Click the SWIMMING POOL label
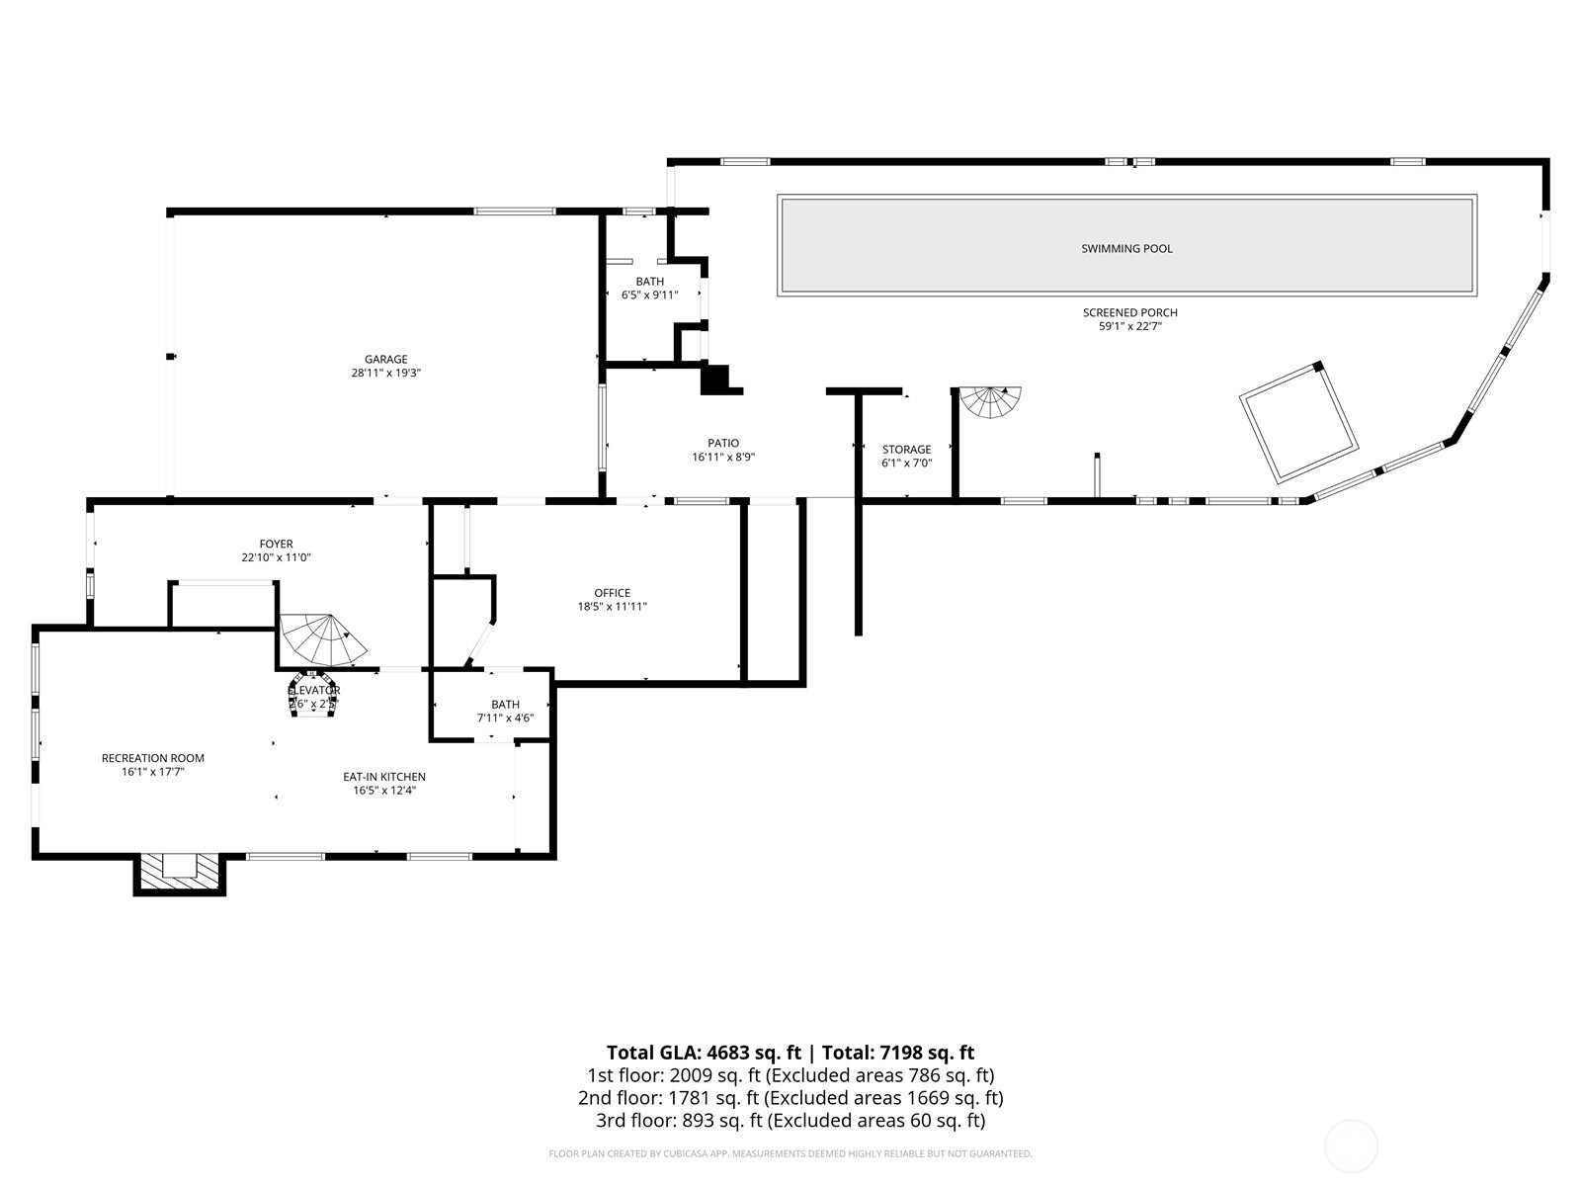1126,249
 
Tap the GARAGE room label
385,360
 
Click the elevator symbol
313,698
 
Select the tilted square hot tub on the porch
1298,423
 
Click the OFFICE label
612,593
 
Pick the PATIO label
722,444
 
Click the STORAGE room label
906,450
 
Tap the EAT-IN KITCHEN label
384,777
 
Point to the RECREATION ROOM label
153,758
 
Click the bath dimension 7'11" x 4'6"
505,718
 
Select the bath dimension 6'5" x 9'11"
649,295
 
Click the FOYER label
276,544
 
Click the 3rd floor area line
790,1121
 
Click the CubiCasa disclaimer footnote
790,1153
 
